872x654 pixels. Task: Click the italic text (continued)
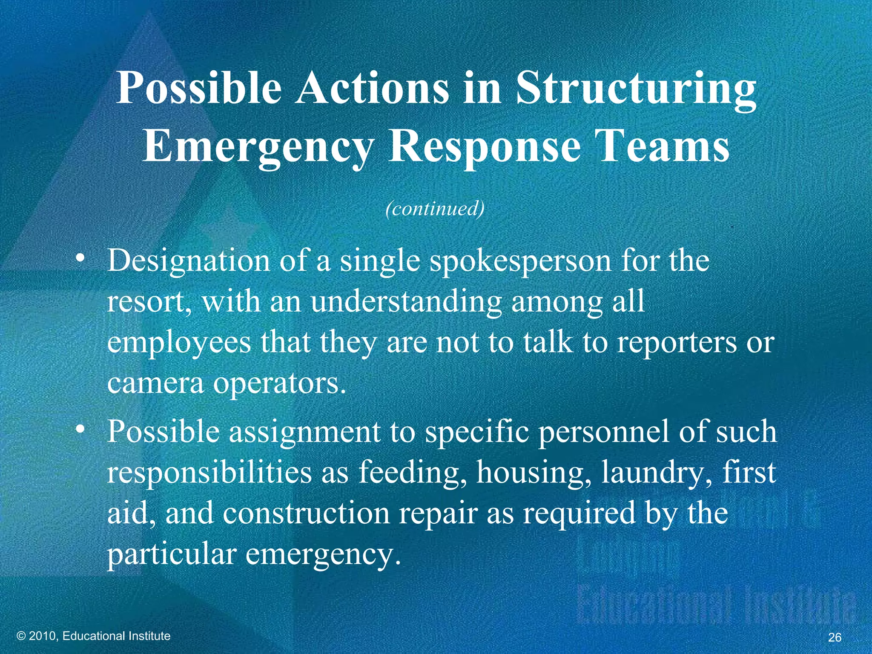435,209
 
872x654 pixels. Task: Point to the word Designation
189,260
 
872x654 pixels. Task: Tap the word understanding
406,301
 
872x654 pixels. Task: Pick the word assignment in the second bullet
305,431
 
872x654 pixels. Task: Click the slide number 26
835,637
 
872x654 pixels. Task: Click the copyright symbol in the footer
22,636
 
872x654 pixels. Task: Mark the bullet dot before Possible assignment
80,430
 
